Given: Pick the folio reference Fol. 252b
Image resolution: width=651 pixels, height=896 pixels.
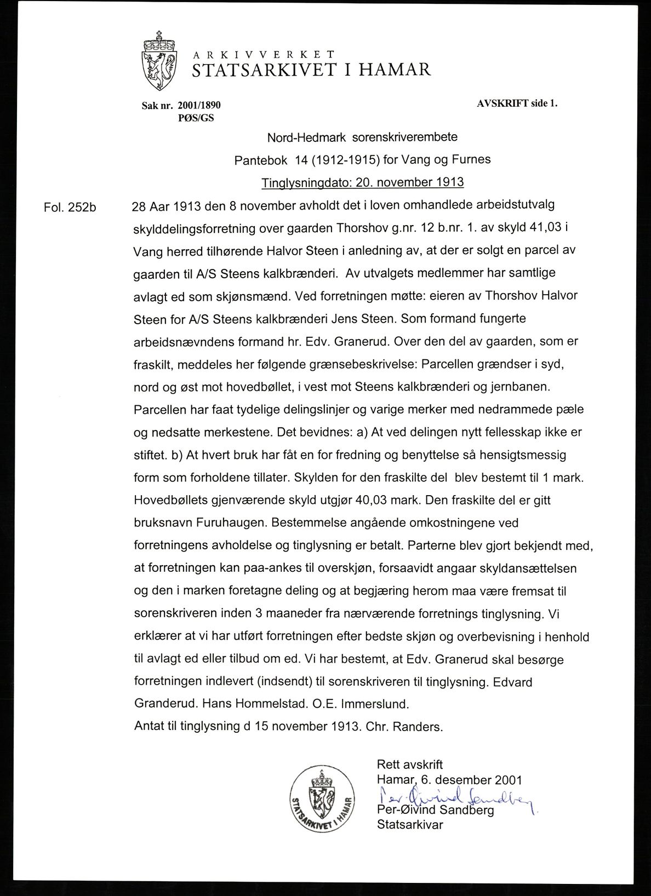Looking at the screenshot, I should [70, 208].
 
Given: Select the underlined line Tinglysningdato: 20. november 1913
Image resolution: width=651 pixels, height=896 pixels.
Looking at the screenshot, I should [363, 182].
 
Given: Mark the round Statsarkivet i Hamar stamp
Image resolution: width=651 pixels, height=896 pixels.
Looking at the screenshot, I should [322, 801].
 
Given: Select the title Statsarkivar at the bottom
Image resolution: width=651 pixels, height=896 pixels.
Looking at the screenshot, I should [409, 825].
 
